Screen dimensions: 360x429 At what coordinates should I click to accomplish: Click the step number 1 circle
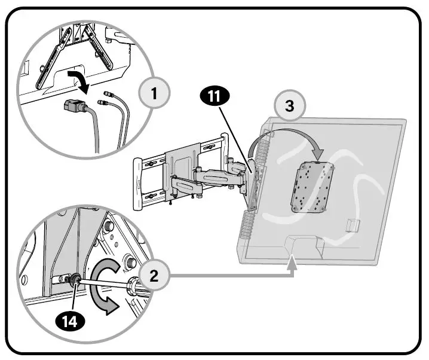pos(154,93)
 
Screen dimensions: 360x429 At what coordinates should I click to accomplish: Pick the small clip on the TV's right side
pos(353,225)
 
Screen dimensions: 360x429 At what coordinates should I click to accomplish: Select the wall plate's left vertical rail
pos(139,180)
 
